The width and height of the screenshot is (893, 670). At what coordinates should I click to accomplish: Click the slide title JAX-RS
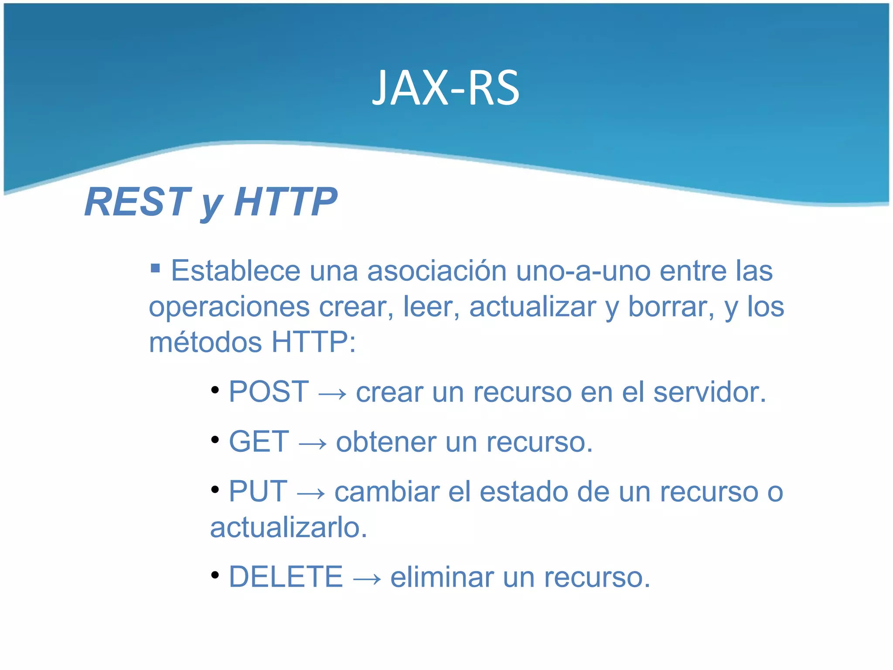pos(446,89)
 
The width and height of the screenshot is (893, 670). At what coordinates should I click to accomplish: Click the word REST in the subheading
pos(137,202)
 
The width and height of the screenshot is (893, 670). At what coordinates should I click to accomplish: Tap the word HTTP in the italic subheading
pos(286,202)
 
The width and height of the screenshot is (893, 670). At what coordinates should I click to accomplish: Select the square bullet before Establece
pos(155,267)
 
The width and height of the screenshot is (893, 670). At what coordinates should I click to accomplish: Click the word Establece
pos(235,271)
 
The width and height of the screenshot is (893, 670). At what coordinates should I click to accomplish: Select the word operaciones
pos(229,307)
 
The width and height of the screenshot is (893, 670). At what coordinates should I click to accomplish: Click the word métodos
pos(205,342)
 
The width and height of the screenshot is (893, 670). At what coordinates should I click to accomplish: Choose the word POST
pos(269,392)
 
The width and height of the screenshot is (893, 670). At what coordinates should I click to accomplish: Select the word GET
pos(259,441)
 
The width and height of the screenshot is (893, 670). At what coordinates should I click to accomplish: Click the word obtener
pos(386,441)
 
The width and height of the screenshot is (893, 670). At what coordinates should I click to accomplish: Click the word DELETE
pos(286,577)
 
